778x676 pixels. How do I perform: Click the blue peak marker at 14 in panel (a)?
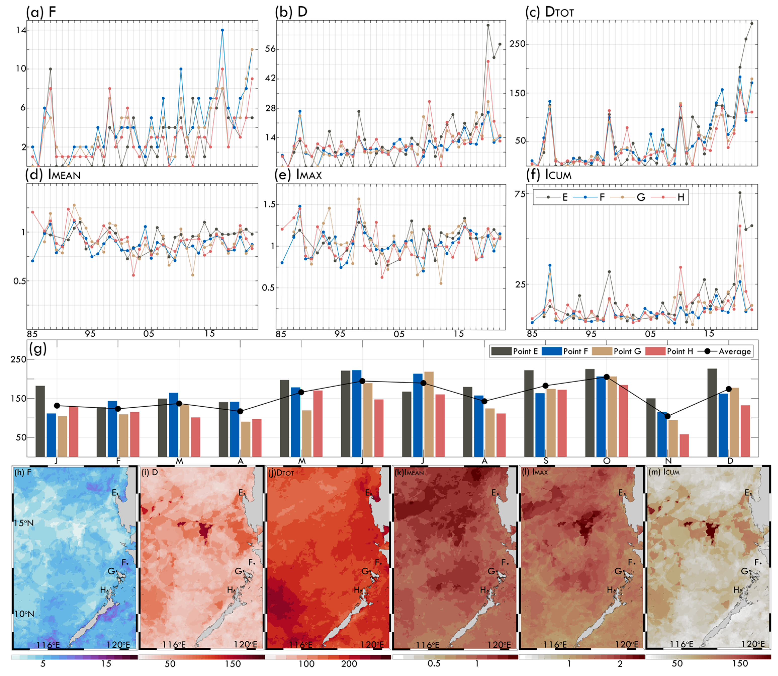tap(222, 30)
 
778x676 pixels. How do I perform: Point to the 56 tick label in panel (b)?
tap(270, 49)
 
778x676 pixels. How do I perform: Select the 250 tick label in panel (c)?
tap(518, 44)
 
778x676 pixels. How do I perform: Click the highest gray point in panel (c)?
tap(752, 23)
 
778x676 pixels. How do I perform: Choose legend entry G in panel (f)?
tap(641, 197)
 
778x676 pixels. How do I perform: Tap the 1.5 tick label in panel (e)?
tap(269, 205)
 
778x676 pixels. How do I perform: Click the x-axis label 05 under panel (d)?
tap(149, 334)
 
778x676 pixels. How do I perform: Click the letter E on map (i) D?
tap(241, 493)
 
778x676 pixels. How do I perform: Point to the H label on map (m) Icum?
tap(736, 590)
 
